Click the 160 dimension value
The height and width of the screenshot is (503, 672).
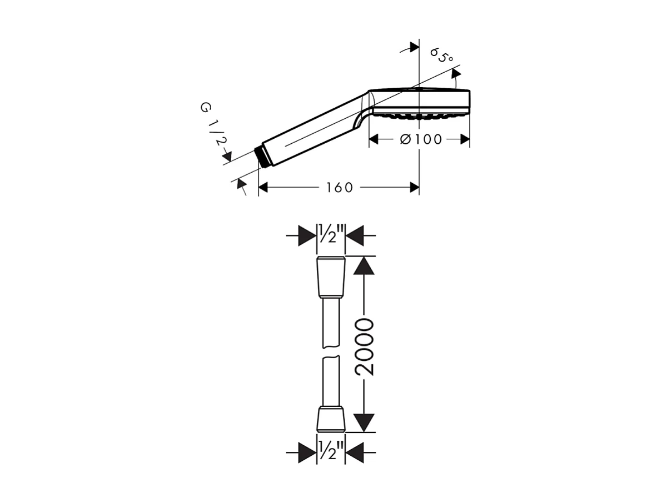coord(340,188)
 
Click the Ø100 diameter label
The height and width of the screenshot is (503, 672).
coord(421,139)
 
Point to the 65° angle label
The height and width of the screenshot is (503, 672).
coord(442,56)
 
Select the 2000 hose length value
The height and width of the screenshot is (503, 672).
coord(365,347)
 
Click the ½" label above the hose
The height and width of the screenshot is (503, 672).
coord(331,235)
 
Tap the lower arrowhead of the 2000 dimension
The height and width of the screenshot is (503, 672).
coord(364,422)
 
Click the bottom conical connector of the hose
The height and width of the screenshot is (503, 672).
coord(331,420)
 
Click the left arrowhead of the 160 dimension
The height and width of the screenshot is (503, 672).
coord(263,188)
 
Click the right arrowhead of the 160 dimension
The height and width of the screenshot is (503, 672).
coord(414,188)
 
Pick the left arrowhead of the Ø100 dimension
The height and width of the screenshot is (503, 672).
coord(374,139)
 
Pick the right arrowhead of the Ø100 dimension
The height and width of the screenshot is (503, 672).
coord(465,139)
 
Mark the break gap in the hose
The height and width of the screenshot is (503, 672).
coord(331,354)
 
